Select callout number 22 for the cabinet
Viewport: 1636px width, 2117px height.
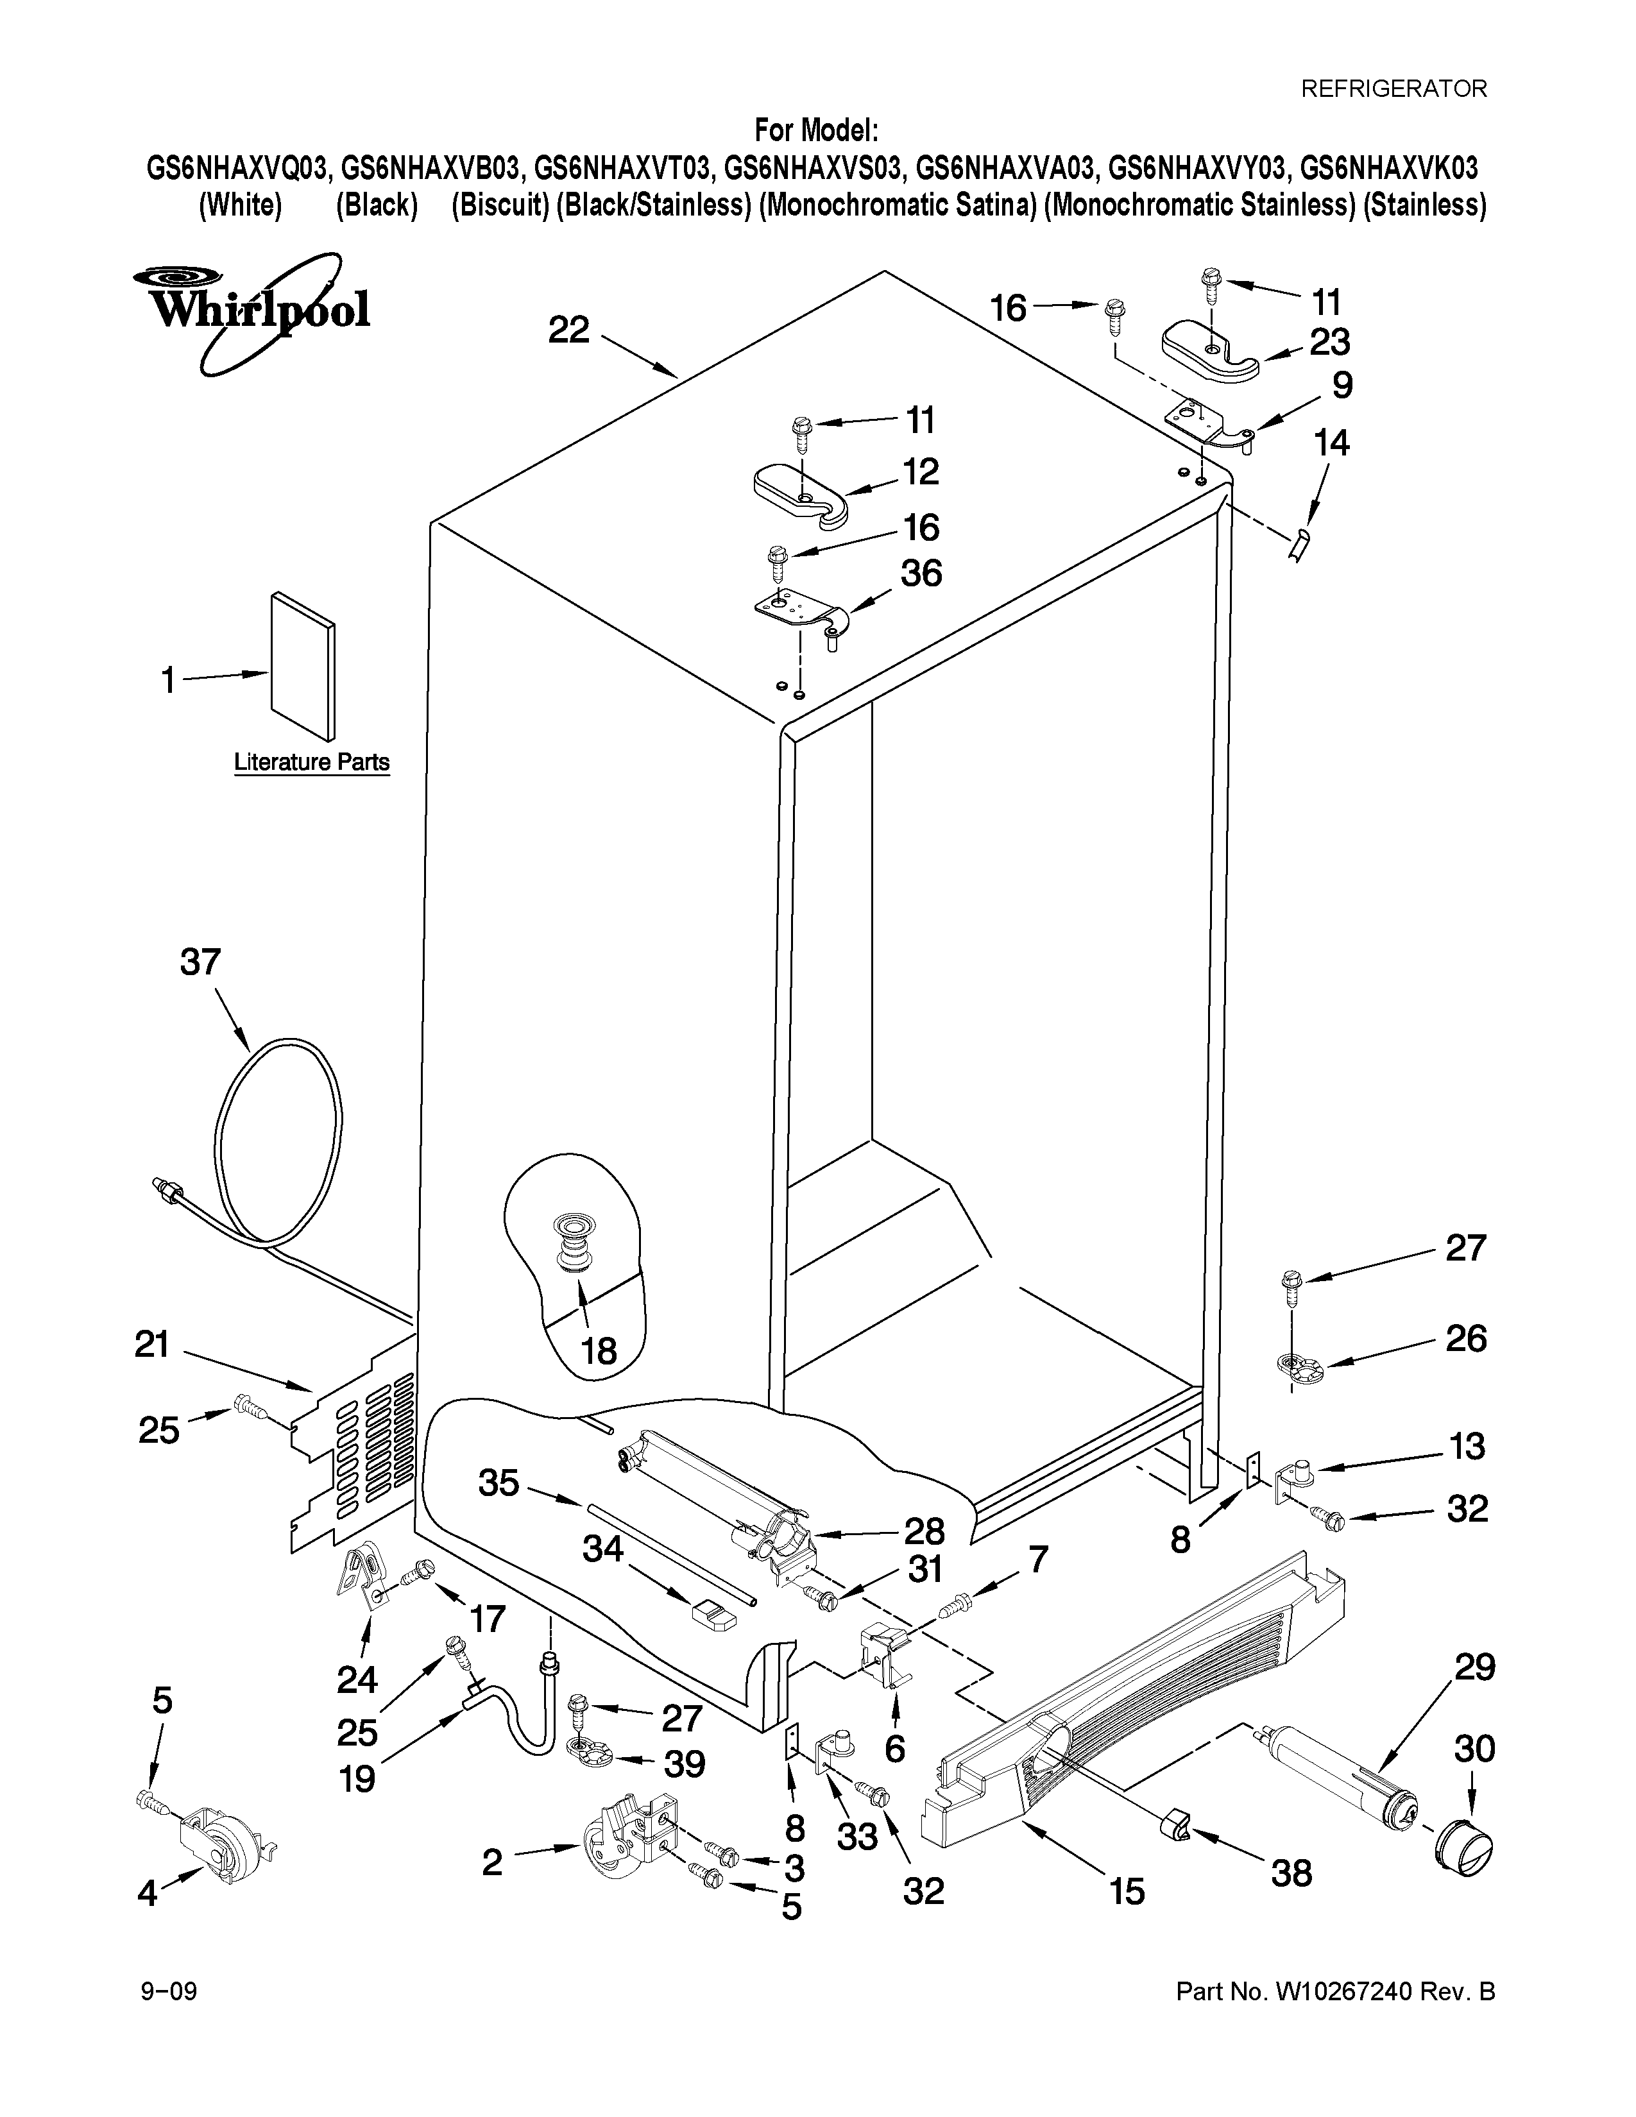click(569, 330)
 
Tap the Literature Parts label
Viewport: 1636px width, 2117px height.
click(311, 762)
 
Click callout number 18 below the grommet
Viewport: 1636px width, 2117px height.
click(600, 1349)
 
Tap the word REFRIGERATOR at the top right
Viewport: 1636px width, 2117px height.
click(1393, 89)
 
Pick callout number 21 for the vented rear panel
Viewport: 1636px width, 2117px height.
click(152, 1345)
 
